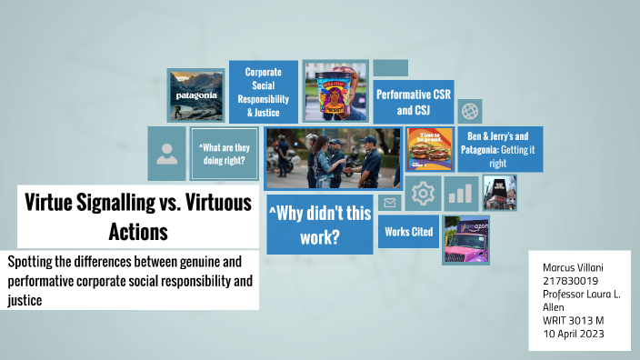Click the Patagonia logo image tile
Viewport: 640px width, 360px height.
coord(195,95)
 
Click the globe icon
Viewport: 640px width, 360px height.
coord(470,111)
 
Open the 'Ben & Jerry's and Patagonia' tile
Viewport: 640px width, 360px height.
coord(499,148)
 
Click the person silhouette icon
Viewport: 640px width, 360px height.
coord(166,154)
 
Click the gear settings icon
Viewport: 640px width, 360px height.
coord(424,194)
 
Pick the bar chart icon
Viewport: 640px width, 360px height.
coord(463,194)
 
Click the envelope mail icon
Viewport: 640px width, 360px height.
coord(390,203)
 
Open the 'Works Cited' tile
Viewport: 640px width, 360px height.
coord(408,232)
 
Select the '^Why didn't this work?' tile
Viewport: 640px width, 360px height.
coord(319,224)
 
